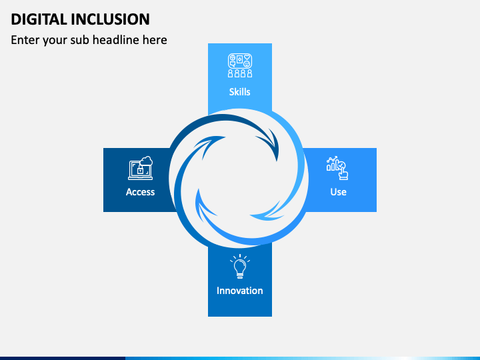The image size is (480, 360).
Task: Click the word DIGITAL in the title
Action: tap(37, 19)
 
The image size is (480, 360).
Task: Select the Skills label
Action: tap(240, 92)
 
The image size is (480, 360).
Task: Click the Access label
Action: tap(140, 192)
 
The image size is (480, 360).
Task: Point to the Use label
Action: tap(338, 192)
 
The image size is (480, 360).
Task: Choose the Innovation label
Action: tap(240, 291)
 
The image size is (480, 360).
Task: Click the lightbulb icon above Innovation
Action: tap(240, 267)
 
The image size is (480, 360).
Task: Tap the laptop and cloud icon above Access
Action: tap(140, 168)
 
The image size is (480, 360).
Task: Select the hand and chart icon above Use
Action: tap(337, 168)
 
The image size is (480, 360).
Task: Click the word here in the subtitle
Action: tap(154, 40)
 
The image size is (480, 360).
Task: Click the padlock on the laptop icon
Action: tap(140, 171)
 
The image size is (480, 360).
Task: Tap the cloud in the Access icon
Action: tap(146, 161)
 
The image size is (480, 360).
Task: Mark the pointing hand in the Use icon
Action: tap(343, 172)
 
